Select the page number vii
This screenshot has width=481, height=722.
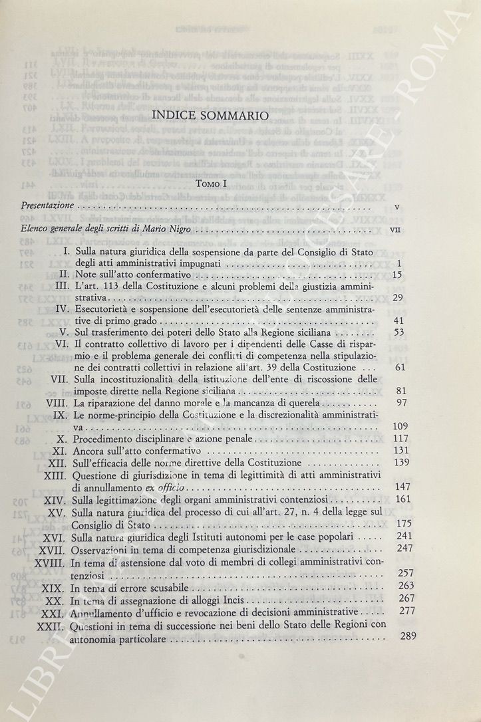pos(396,230)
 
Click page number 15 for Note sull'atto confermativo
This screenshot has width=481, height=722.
pos(398,275)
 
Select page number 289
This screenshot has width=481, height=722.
pos(407,636)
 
